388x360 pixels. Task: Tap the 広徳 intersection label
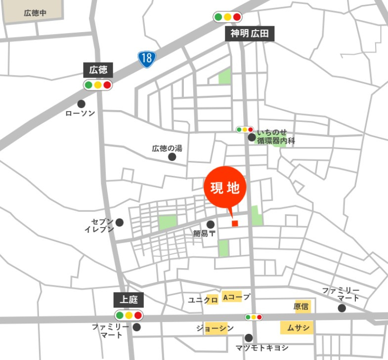[x=98, y=70]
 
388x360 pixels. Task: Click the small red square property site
[x=235, y=223]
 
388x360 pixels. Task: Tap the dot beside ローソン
[x=81, y=104]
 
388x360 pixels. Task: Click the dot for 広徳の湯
[x=172, y=157]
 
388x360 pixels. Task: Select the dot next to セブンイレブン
[x=120, y=223]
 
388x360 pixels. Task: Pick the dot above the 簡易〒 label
[x=210, y=224]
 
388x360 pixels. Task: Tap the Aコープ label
[x=236, y=297]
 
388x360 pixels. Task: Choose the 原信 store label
[x=302, y=306]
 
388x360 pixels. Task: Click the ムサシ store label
[x=298, y=327]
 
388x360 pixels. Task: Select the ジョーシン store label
[x=215, y=328]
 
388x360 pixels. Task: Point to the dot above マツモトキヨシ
[x=249, y=338]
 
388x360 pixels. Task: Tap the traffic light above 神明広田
[x=227, y=17]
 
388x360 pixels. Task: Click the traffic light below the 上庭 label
[x=129, y=315]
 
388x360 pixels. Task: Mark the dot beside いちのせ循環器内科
[x=252, y=137]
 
